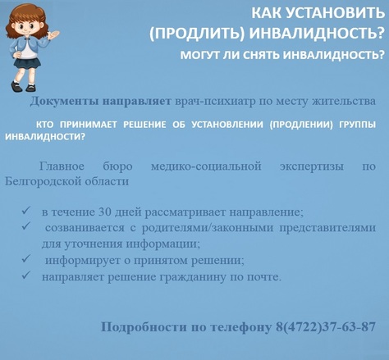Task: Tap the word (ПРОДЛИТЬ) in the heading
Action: [196, 34]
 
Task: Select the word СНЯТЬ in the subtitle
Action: [261, 56]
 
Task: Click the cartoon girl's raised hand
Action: [53, 34]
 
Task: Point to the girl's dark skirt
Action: [27, 63]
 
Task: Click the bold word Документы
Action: [64, 102]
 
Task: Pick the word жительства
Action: [344, 102]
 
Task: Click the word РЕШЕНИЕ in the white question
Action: [144, 125]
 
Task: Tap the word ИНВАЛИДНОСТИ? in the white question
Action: [45, 137]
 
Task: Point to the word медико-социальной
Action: [206, 166]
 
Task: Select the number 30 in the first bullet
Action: [104, 212]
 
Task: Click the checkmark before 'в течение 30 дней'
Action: [26, 210]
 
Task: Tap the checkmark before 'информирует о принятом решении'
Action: [26, 258]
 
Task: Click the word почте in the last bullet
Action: [264, 277]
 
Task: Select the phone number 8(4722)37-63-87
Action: [326, 326]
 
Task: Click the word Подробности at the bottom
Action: [144, 327]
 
